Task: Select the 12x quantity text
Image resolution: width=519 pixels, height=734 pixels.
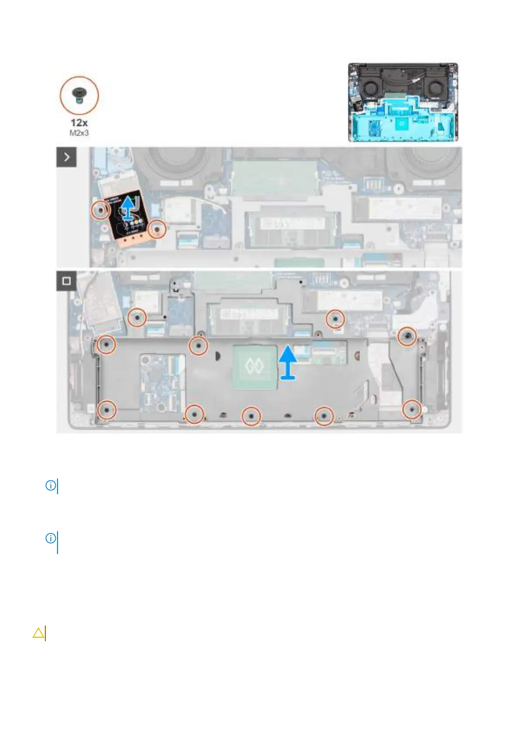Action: pyautogui.click(x=79, y=123)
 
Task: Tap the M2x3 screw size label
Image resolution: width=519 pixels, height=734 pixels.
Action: pyautogui.click(x=79, y=133)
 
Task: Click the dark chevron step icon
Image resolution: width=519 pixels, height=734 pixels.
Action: pyautogui.click(x=66, y=157)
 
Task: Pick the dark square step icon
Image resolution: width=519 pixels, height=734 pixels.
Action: pyautogui.click(x=66, y=281)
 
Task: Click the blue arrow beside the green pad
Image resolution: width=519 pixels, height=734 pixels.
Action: pyautogui.click(x=288, y=362)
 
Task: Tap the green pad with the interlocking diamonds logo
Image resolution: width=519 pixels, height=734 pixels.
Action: pyautogui.click(x=254, y=367)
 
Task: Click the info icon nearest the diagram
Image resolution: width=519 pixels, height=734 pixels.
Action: pyautogui.click(x=51, y=485)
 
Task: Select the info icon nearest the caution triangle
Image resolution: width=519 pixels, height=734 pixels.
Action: pyautogui.click(x=51, y=538)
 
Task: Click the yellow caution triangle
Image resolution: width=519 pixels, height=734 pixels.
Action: pyautogui.click(x=38, y=632)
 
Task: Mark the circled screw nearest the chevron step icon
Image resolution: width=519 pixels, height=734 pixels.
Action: pyautogui.click(x=101, y=211)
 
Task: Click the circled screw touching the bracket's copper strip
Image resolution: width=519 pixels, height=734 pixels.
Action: pyautogui.click(x=157, y=229)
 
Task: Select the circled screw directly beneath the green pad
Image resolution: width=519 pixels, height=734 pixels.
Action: pyautogui.click(x=251, y=416)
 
